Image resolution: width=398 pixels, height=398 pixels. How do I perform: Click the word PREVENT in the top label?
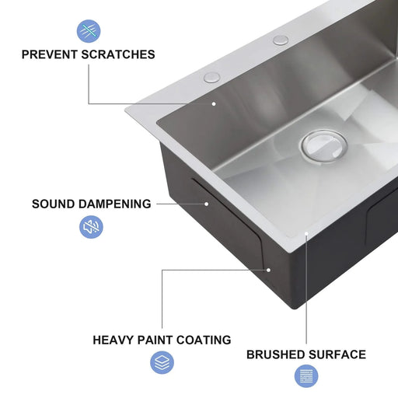pyautogui.click(x=50, y=54)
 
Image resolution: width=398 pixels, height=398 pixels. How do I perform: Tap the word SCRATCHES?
pyautogui.click(x=119, y=54)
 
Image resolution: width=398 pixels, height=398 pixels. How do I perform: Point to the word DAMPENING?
pyautogui.click(x=115, y=204)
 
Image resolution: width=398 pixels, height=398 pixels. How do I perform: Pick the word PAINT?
pyautogui.click(x=159, y=340)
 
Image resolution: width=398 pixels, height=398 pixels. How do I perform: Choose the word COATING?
pyautogui.click(x=205, y=340)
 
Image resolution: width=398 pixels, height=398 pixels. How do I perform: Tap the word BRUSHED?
pyautogui.click(x=276, y=354)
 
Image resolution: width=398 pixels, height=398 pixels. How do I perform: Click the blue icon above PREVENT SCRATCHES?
pyautogui.click(x=88, y=31)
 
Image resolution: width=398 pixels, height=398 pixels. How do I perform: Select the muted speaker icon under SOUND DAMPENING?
pyautogui.click(x=92, y=227)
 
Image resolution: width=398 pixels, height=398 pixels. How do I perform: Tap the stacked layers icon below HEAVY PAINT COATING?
pyautogui.click(x=162, y=362)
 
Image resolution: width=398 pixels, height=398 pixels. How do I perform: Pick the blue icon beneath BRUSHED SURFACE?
pyautogui.click(x=306, y=377)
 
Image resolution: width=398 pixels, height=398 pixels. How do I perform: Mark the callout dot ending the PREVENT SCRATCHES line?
pyautogui.click(x=214, y=103)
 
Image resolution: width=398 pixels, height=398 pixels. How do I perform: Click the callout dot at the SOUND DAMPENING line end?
pyautogui.click(x=207, y=204)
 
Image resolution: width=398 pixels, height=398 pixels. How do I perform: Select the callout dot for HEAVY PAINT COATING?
pyautogui.click(x=268, y=270)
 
